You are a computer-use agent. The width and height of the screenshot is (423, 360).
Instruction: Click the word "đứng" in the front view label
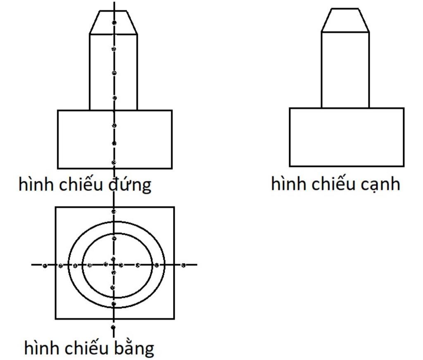(130, 184)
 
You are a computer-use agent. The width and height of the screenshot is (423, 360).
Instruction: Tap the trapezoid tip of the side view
(345, 20)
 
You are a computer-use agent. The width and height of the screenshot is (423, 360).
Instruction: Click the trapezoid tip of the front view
(114, 22)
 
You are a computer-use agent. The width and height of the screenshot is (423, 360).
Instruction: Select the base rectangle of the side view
(347, 137)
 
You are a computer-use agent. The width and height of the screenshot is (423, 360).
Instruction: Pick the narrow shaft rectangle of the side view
(345, 70)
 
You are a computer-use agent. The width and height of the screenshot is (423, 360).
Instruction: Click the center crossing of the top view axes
(114, 265)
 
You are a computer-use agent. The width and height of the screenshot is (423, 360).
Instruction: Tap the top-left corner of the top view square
(56, 207)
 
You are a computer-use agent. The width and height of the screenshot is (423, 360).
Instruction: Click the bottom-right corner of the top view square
(174, 319)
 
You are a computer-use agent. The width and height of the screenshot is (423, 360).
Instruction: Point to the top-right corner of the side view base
(404, 108)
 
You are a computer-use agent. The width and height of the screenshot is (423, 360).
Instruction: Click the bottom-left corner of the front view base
(58, 168)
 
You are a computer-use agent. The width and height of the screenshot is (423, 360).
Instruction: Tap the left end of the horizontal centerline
(32, 265)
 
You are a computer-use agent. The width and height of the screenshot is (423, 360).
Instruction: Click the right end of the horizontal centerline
(197, 265)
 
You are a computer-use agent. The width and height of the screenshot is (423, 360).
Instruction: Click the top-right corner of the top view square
(174, 207)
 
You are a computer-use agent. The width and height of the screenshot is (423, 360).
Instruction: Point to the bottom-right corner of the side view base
(404, 166)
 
